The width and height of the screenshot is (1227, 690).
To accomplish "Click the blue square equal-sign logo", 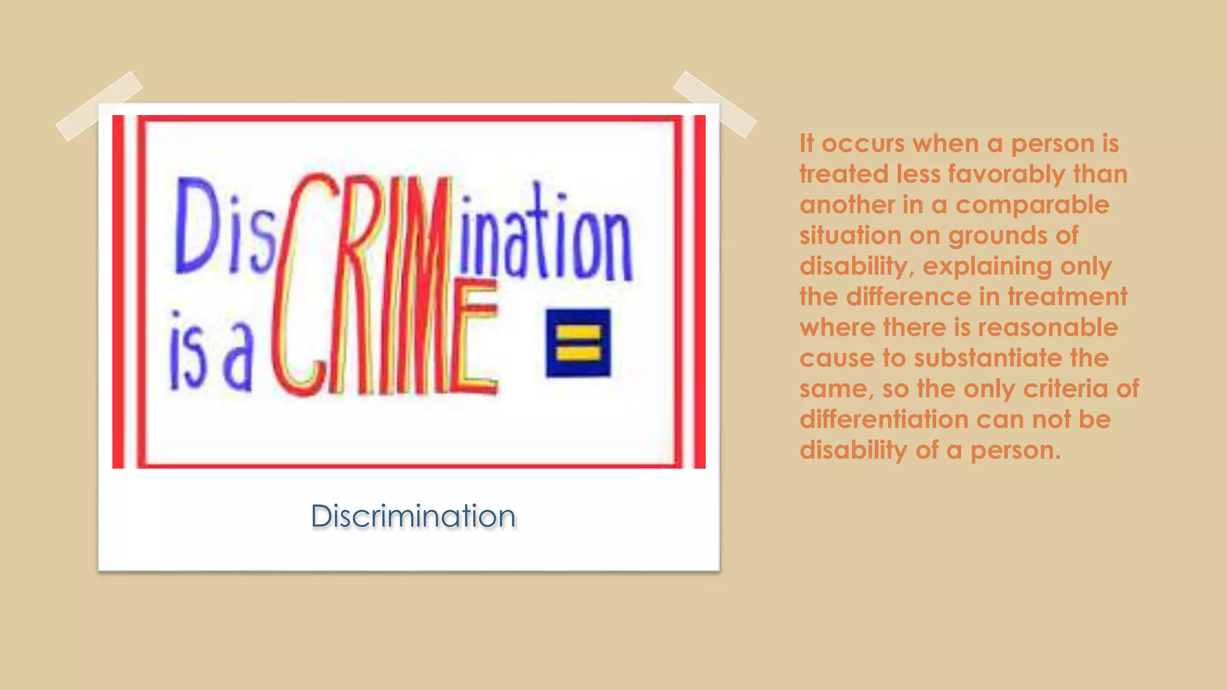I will (578, 343).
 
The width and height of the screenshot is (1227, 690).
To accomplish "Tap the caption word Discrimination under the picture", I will (413, 516).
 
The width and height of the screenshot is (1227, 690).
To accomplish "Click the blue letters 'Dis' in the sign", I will (225, 228).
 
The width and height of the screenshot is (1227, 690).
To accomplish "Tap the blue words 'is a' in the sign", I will (210, 353).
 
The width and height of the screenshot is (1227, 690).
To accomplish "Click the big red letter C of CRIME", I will (300, 287).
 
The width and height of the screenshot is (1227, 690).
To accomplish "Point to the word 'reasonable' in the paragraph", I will (1048, 328).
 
